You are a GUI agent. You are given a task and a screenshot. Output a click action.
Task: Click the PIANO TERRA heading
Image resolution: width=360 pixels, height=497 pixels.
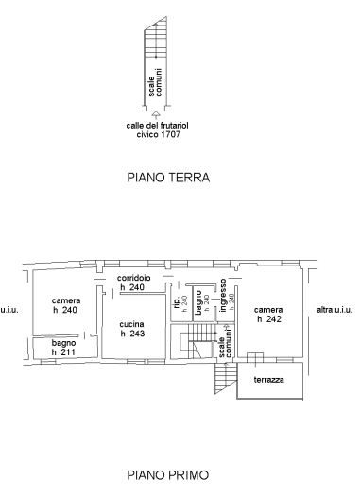167,177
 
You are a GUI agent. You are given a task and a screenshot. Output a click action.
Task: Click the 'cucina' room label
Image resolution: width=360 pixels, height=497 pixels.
131,323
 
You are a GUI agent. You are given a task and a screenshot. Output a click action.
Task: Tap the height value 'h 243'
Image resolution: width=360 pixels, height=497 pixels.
131,334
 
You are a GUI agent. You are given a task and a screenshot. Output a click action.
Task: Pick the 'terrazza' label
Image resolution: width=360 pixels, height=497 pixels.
268,380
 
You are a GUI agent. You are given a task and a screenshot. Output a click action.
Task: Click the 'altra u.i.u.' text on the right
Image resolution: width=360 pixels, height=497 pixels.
334,309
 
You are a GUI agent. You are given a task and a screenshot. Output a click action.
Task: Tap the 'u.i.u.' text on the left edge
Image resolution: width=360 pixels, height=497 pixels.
9,309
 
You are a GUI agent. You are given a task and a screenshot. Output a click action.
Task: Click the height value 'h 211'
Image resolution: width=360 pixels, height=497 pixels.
64,352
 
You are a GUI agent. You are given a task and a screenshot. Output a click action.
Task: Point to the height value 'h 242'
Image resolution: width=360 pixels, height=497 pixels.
268,319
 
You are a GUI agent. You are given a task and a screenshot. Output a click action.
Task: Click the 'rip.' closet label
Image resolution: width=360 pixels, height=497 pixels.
176,301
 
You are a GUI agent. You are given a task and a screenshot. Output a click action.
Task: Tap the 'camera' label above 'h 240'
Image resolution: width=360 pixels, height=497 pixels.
65,300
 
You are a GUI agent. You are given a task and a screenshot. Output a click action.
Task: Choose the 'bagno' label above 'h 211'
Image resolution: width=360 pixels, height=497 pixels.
64,342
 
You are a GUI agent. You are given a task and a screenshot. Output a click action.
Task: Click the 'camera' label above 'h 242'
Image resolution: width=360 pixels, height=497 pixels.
268,309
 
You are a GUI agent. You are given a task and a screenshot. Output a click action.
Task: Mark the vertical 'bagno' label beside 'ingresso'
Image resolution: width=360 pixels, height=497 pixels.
198,301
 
